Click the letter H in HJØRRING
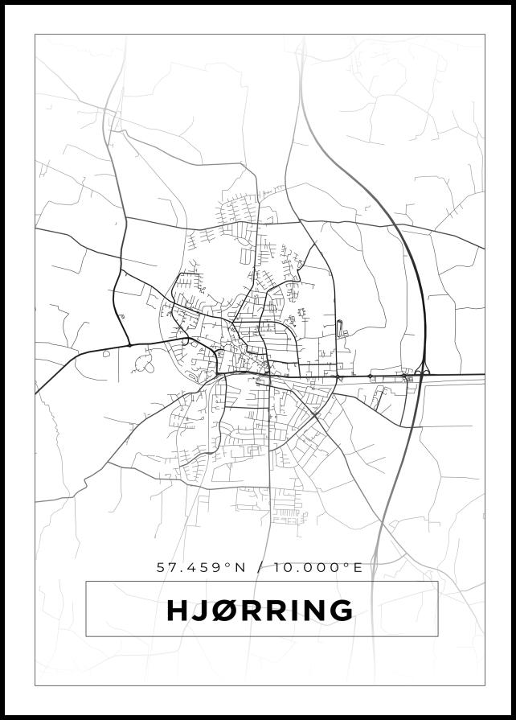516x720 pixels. click(177, 611)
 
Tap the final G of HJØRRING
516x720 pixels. click(341, 611)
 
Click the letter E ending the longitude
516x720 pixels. click(358, 567)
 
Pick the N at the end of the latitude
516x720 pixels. click(238, 567)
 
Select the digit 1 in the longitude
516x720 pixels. click(276, 567)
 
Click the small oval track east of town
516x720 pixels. click(338, 327)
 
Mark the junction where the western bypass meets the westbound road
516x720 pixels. click(129, 345)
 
